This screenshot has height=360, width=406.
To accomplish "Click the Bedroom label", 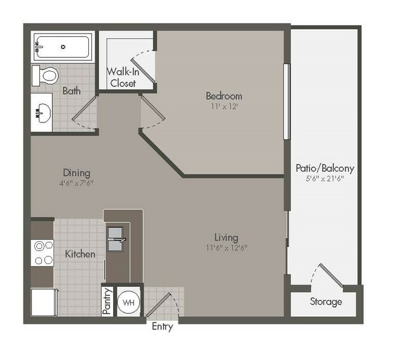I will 224,96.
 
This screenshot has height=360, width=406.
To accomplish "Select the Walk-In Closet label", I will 123,77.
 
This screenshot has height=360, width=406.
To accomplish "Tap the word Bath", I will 71,91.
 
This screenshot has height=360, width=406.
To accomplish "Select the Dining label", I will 76,173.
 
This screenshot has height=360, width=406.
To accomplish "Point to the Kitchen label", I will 80,254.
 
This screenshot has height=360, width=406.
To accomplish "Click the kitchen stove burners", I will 43,252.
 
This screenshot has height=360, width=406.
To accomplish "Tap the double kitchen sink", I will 116,239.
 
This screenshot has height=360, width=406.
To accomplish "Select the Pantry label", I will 107,302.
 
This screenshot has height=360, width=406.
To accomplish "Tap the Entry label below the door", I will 162,327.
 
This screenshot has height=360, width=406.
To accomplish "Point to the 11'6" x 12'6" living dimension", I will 226,247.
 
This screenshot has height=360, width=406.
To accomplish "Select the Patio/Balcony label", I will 325,169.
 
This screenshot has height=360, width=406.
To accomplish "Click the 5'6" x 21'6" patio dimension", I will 325,180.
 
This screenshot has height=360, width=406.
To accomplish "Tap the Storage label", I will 326,302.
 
